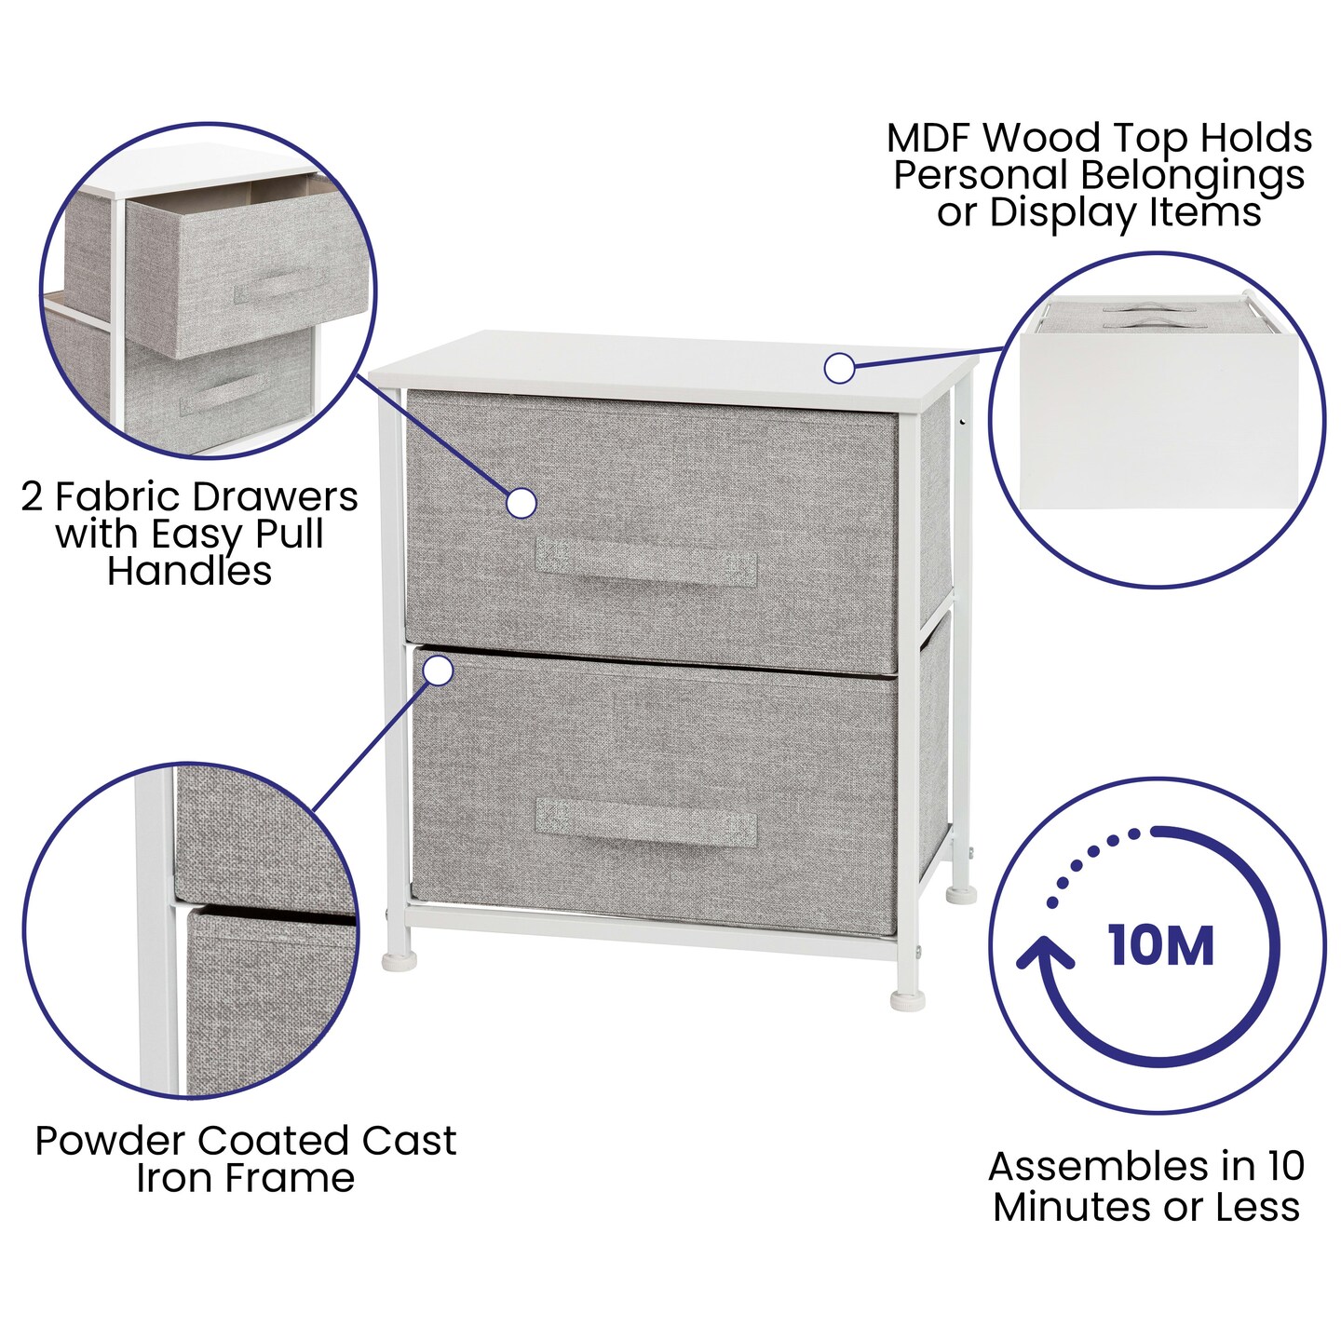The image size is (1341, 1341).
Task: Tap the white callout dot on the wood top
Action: (839, 368)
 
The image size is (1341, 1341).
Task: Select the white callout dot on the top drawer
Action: (521, 503)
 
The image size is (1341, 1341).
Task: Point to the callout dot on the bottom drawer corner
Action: (438, 670)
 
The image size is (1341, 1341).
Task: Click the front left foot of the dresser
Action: (400, 959)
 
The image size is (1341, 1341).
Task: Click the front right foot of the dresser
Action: (908, 1000)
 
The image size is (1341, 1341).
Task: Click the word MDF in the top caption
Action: (928, 139)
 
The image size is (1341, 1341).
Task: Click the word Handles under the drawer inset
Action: (189, 571)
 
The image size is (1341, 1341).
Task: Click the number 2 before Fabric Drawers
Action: (32, 496)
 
